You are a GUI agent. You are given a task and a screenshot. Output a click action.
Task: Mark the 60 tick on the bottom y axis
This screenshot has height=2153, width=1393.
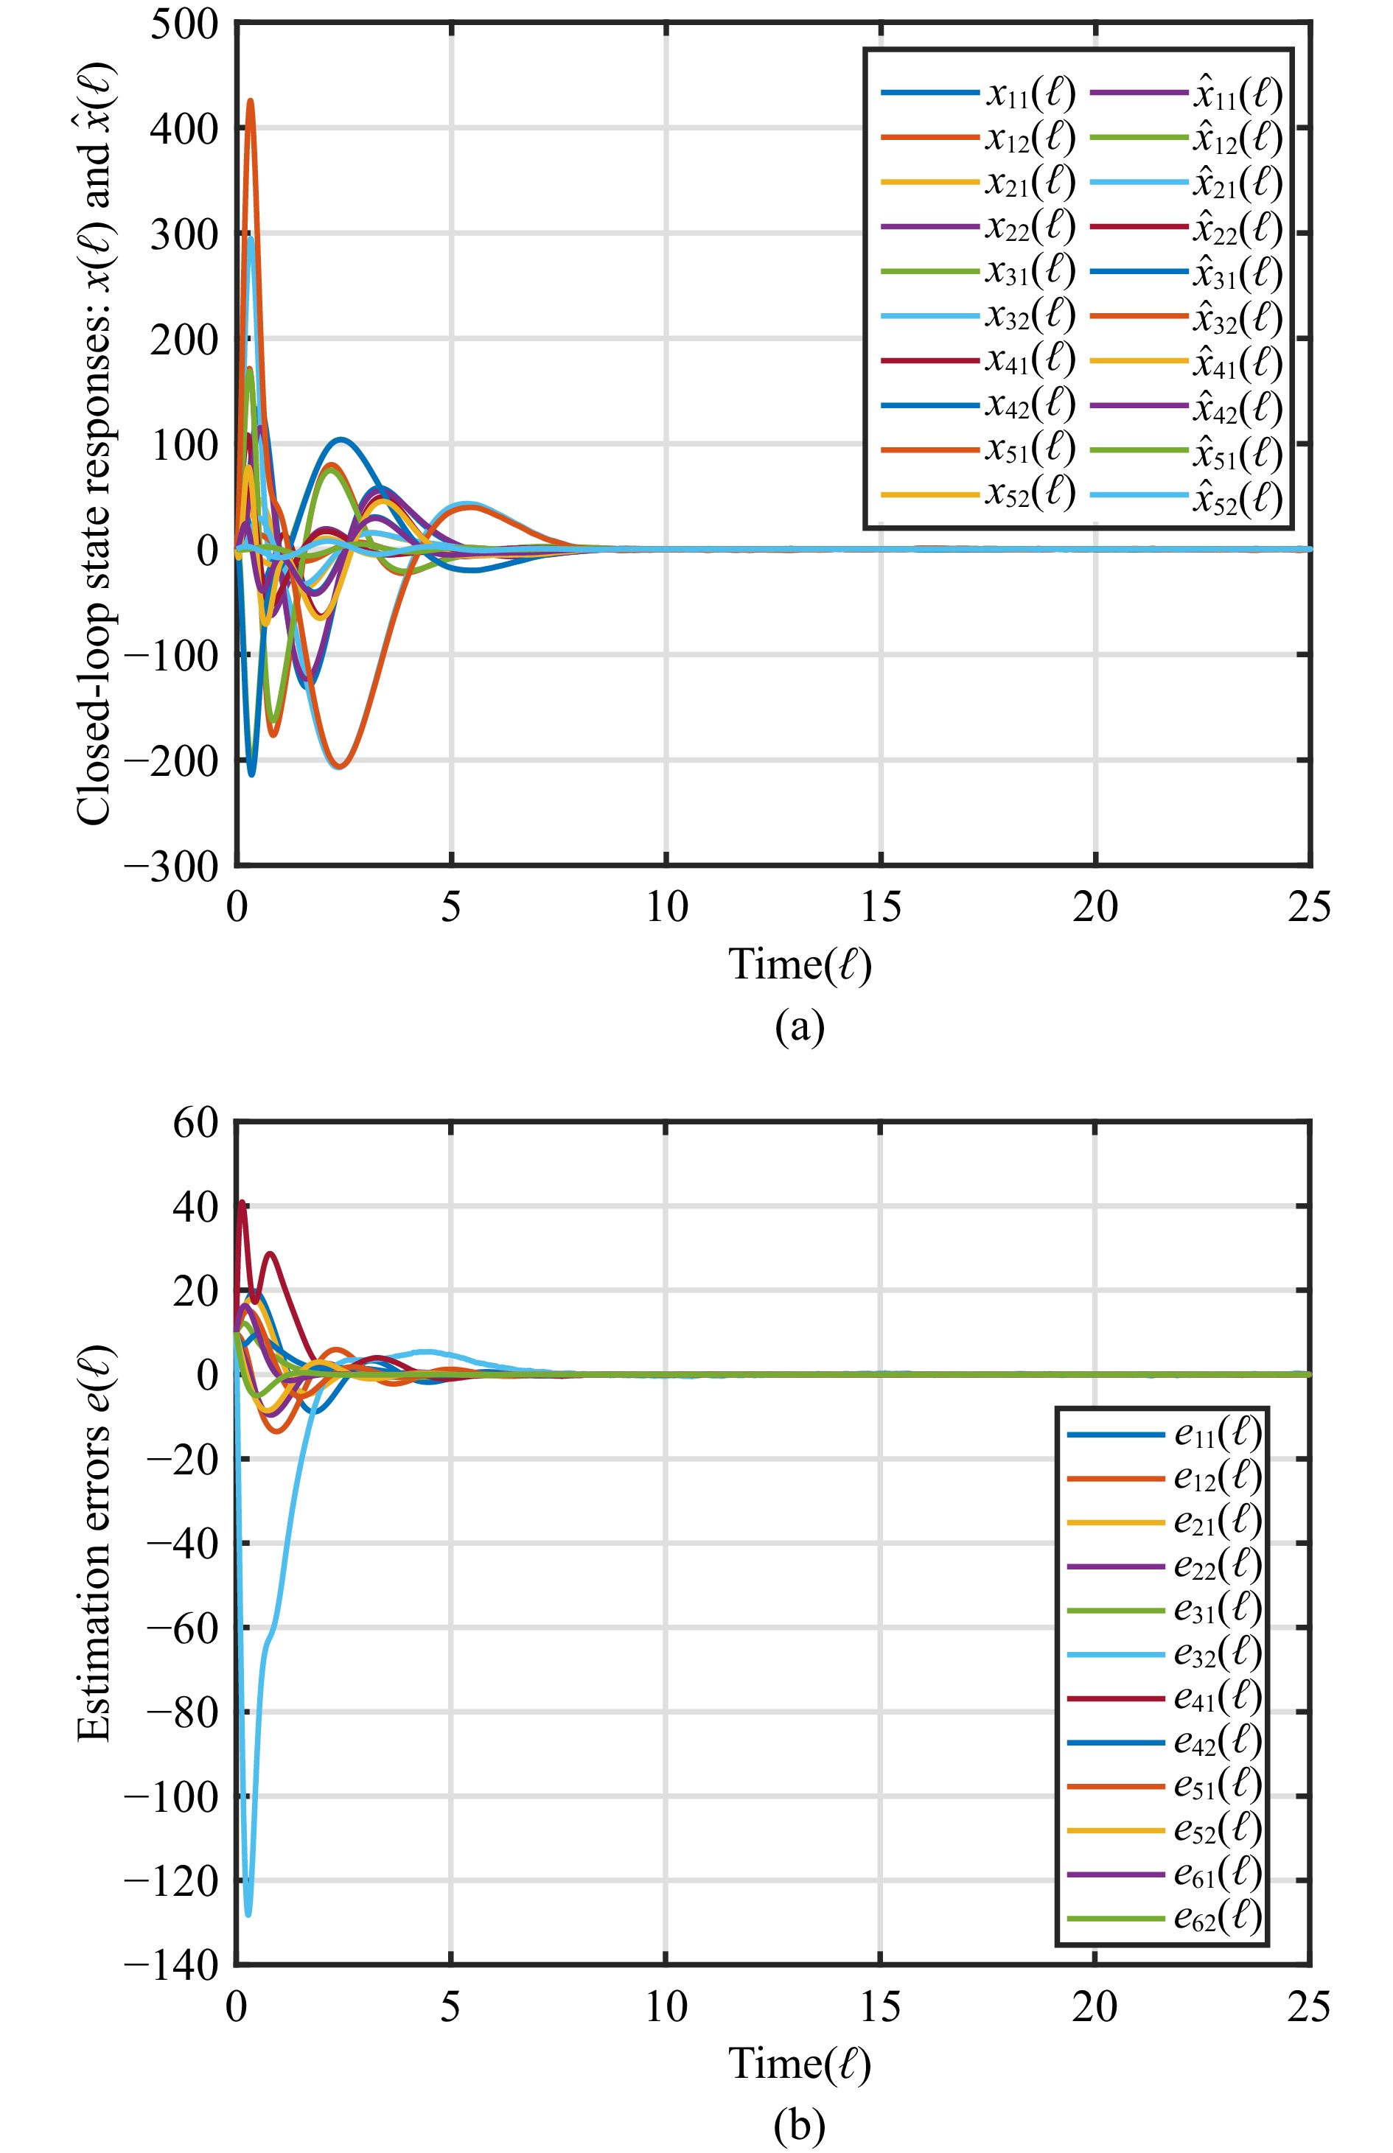195,1123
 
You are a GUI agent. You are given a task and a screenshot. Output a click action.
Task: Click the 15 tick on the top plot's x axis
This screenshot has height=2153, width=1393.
880,907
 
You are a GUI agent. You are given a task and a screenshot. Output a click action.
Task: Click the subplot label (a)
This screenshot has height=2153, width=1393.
800,1027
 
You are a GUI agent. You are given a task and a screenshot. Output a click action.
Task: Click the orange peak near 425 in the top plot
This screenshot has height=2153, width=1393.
251,101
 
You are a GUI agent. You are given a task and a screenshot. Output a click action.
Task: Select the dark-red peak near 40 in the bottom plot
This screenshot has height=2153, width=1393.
242,1203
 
